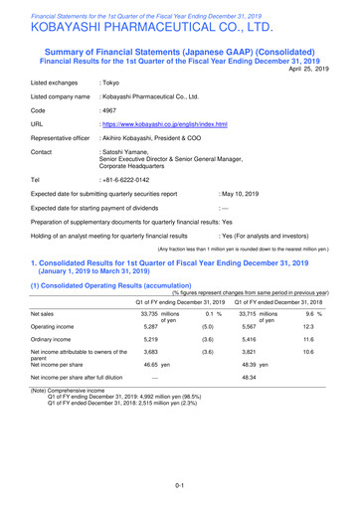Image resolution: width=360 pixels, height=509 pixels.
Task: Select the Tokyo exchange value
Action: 111,88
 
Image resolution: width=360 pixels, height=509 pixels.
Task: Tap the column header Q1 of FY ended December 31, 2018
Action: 289,329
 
